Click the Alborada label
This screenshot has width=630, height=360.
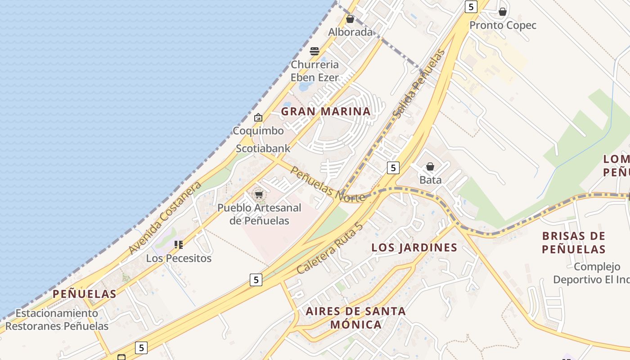click(x=350, y=32)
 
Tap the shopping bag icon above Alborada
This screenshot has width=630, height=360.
click(x=350, y=19)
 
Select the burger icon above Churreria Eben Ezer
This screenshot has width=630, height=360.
click(x=315, y=51)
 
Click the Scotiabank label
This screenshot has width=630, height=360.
click(x=263, y=148)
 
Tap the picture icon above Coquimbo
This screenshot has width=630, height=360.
click(x=258, y=117)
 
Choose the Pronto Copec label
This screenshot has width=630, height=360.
click(x=503, y=25)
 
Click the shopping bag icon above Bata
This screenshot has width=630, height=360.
click(x=430, y=167)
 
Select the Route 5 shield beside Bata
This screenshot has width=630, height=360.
click(x=393, y=168)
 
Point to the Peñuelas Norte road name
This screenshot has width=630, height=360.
click(x=327, y=184)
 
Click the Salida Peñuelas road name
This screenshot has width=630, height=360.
click(x=418, y=84)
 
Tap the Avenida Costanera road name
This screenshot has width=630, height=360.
click(x=164, y=218)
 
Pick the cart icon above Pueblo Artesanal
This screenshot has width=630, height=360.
click(x=259, y=195)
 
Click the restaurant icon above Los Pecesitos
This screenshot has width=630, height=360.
click(x=179, y=245)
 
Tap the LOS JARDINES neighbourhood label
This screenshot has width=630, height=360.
click(x=414, y=247)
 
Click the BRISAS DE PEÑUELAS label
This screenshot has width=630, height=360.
click(x=573, y=243)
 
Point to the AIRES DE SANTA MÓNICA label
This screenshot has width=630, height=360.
click(x=355, y=318)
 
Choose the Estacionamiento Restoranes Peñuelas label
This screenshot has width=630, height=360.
click(x=57, y=319)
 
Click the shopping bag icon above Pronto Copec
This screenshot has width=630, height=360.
click(x=503, y=12)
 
